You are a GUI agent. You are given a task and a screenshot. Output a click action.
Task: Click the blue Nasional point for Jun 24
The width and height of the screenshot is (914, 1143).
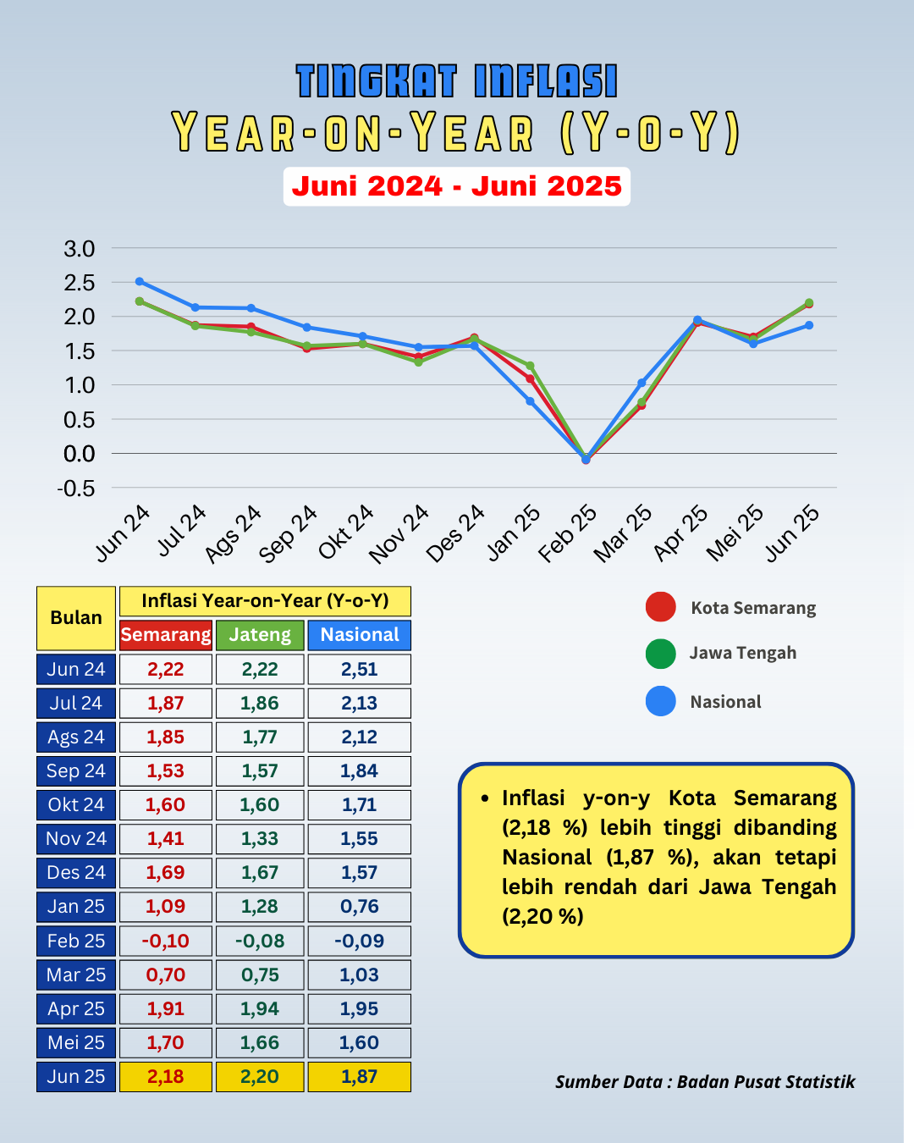tap(139, 281)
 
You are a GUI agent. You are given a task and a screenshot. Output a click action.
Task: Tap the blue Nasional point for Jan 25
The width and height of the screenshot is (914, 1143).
tap(530, 401)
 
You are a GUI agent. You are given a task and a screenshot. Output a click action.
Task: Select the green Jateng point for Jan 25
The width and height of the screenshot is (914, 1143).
tap(530, 366)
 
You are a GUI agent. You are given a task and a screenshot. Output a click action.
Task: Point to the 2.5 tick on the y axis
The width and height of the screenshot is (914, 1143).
tap(80, 283)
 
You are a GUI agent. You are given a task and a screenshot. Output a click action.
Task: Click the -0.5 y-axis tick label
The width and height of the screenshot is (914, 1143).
tap(76, 489)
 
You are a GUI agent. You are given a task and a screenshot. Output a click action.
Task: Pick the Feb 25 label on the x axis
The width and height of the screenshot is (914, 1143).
tap(567, 533)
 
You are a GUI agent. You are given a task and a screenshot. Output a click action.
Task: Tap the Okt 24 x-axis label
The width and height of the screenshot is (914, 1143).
tap(346, 532)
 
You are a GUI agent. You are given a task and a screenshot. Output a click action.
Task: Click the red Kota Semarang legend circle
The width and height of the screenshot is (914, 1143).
tap(661, 606)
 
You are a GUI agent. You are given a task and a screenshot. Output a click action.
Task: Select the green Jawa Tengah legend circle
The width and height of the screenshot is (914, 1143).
tap(661, 654)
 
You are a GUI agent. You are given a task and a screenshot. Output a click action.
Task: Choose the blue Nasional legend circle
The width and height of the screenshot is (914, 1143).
tap(661, 701)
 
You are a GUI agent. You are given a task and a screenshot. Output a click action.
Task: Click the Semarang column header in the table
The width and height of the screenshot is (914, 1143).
tap(166, 635)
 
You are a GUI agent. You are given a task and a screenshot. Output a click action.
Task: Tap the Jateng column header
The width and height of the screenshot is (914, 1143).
tap(260, 635)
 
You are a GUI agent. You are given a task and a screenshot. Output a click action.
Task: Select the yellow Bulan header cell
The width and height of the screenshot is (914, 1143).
tap(76, 618)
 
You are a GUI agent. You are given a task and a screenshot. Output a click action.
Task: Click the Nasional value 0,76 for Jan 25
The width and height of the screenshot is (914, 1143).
tap(360, 907)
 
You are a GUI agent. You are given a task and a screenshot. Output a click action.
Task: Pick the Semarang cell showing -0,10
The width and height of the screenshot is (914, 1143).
tap(166, 941)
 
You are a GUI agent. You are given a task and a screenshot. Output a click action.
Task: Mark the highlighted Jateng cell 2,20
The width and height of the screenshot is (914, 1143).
tap(260, 1077)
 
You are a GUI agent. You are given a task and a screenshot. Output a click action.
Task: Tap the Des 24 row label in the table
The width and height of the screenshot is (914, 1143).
tap(76, 873)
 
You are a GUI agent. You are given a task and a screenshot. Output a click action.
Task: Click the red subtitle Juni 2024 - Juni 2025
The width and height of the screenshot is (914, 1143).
tap(457, 186)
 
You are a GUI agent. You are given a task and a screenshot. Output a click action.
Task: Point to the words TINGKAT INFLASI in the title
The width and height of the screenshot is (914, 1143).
tap(457, 81)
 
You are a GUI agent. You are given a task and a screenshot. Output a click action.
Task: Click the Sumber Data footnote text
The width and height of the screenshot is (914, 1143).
tap(705, 1082)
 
